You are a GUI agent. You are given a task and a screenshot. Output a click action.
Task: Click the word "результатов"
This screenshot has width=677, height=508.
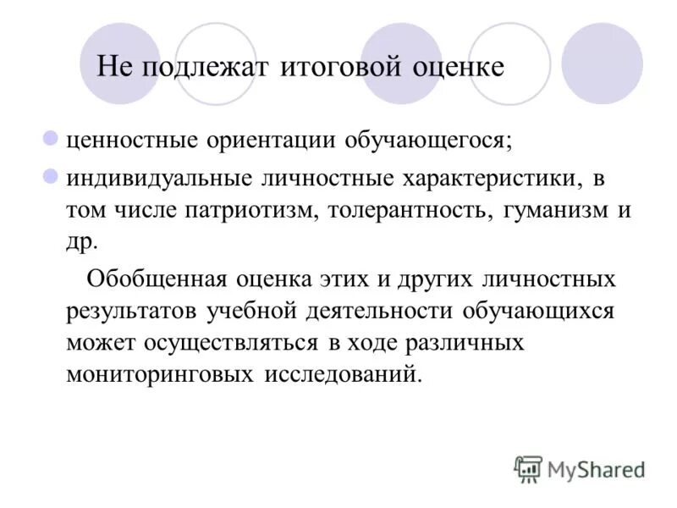coord(132,310)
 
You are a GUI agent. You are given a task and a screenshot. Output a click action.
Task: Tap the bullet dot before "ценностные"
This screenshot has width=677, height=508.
coord(50,135)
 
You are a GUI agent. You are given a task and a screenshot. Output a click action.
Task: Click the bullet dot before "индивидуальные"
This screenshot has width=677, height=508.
coord(50,176)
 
